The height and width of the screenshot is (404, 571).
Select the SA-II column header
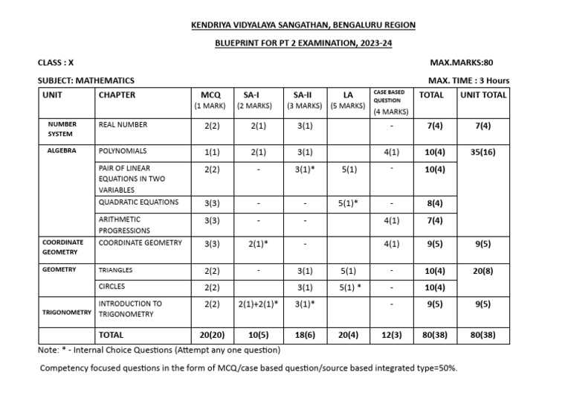[x=303, y=95]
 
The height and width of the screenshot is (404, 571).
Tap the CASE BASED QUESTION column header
[x=390, y=100]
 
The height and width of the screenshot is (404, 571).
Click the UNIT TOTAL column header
[x=483, y=95]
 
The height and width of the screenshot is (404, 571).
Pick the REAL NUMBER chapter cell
[x=123, y=126]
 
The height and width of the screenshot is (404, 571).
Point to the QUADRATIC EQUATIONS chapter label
[x=138, y=202]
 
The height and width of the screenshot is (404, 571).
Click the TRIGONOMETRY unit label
[x=65, y=314]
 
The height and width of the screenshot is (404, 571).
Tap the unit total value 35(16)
[x=483, y=152]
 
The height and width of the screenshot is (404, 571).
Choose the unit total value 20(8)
[x=483, y=271]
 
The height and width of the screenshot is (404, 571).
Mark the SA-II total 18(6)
[x=303, y=336]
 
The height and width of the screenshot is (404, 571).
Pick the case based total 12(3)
[x=391, y=336]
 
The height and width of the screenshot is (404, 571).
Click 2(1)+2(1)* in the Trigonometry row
[x=257, y=304]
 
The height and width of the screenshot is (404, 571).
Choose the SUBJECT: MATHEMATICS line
[x=86, y=80]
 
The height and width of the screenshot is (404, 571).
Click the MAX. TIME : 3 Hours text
[x=469, y=80]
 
